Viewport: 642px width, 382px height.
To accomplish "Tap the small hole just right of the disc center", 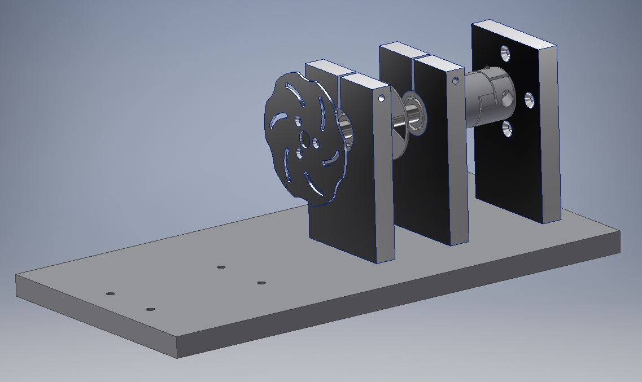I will (316, 144).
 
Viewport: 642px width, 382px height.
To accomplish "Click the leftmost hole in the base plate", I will (110, 294).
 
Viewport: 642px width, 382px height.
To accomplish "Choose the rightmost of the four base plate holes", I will (261, 283).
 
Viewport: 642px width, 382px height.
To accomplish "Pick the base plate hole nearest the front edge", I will (150, 309).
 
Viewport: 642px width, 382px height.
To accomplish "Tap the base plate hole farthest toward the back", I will (221, 267).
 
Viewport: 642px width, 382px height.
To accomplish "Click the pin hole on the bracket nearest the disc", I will (382, 98).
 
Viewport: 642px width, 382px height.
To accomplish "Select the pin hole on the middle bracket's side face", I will (456, 81).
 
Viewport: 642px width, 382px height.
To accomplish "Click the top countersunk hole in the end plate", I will (505, 54).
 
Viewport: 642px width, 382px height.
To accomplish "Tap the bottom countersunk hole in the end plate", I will (506, 129).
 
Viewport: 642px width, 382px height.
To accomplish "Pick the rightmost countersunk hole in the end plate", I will (529, 100).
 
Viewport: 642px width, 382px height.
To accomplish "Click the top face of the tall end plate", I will (514, 34).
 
